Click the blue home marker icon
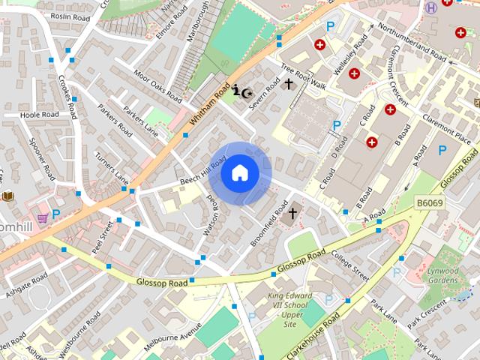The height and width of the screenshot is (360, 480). click(239, 173)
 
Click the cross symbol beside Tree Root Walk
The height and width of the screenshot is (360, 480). click(289, 85)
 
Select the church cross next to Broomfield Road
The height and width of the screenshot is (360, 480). click(292, 213)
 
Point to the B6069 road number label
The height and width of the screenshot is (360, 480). click(430, 202)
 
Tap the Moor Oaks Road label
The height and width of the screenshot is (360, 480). click(157, 85)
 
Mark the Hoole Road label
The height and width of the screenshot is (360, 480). click(40, 115)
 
